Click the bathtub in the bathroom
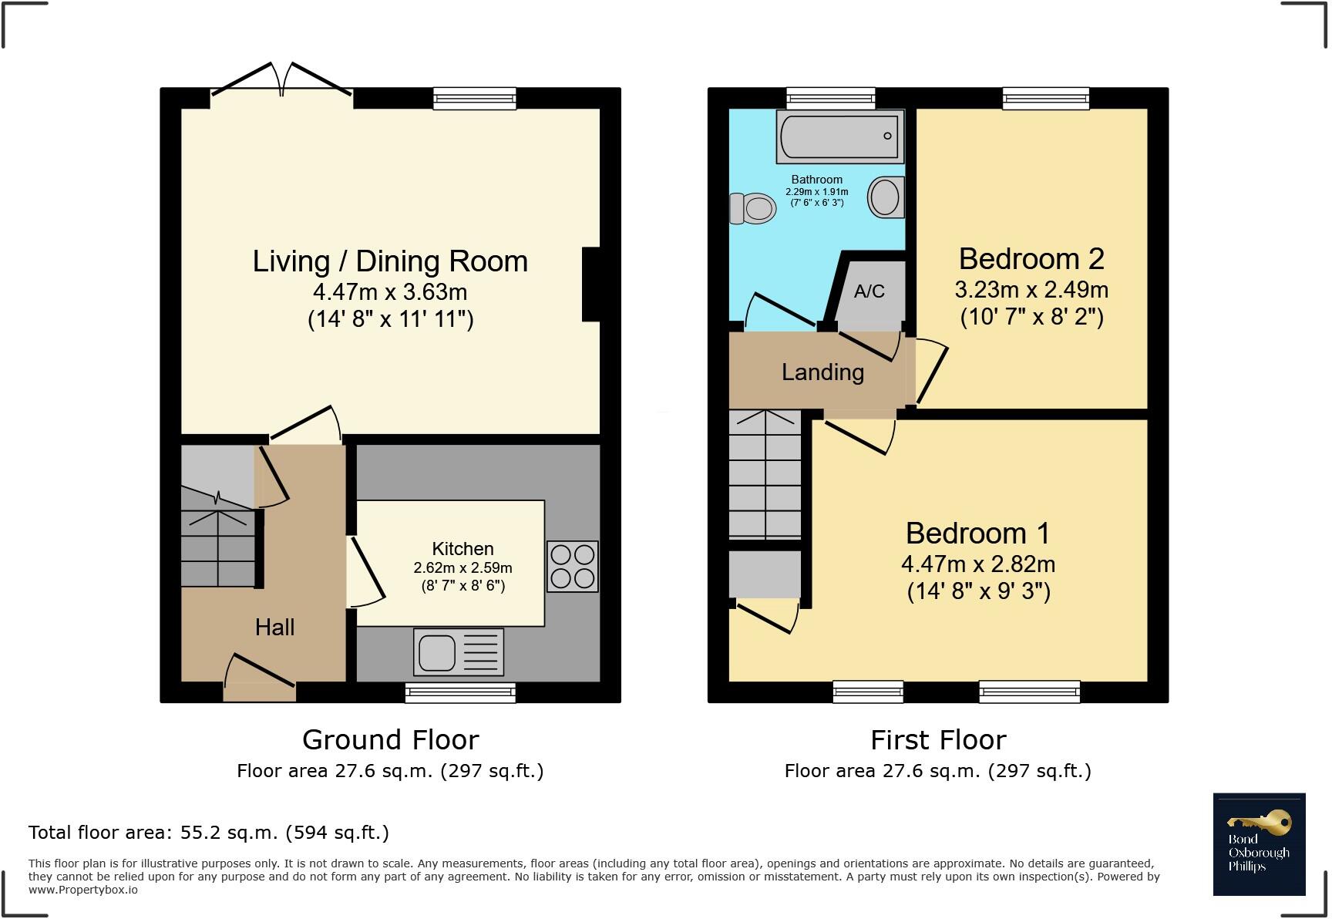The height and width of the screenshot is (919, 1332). pos(840,136)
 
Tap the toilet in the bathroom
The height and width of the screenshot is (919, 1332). pos(753,208)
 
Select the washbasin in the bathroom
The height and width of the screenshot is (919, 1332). pos(886,197)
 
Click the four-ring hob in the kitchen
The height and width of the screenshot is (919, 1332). pos(573,567)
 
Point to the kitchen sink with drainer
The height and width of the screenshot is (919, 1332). pos(459,652)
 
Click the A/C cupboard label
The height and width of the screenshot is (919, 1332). pos(869,291)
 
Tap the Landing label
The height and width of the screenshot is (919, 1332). pos(822,372)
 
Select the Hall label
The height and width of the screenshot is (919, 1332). pos(275,628)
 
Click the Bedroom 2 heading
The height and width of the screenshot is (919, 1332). pos(1031,258)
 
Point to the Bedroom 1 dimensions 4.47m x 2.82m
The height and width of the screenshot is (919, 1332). pos(978,564)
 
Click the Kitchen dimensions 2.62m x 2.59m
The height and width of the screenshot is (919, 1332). pos(462,568)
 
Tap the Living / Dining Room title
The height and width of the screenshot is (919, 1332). pos(390,261)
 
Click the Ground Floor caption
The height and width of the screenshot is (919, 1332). pos(391,740)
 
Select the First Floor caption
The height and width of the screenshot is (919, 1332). pos(938,740)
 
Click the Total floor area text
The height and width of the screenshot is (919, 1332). pos(209,833)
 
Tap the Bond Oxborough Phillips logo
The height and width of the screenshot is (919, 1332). pos(1260,844)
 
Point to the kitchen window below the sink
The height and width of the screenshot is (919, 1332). pos(460,692)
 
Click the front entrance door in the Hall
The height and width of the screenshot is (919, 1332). pos(260,678)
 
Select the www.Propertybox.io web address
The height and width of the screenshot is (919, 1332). pos(83,890)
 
